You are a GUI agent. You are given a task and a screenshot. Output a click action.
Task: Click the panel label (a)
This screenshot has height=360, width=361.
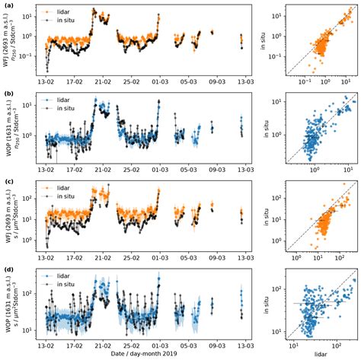pyautogui.click(x=7, y=5)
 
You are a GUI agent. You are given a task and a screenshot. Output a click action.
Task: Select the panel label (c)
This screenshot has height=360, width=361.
pyautogui.click(x=7, y=182)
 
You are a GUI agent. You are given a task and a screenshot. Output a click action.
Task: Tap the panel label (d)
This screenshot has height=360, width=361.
pyautogui.click(x=7, y=270)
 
